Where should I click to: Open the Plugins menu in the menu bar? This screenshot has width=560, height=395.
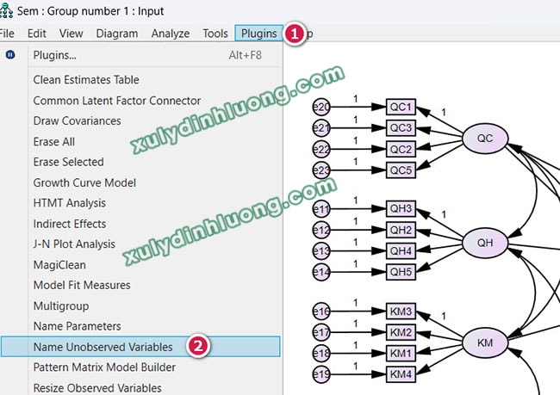259,34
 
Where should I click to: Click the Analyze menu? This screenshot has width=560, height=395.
170,34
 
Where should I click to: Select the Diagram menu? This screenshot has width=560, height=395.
116,34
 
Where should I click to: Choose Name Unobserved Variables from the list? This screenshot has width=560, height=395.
103,347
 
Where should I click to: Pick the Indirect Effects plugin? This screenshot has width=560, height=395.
69,224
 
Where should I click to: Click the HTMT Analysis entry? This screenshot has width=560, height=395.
69,203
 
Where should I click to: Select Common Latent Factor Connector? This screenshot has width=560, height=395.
116,101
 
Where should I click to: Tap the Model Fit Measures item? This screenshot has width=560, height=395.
82,285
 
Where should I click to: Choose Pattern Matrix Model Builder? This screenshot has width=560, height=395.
104,367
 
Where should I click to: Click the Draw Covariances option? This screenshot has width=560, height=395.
77,120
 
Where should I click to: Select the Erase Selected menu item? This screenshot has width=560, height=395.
68,162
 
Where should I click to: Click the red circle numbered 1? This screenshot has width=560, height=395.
294,34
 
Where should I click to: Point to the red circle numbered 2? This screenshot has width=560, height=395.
198,347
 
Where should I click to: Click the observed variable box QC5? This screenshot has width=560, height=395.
401,170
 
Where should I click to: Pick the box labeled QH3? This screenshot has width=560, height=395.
401,209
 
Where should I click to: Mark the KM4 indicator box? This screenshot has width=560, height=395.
401,373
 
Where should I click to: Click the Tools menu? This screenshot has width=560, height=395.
215,34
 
